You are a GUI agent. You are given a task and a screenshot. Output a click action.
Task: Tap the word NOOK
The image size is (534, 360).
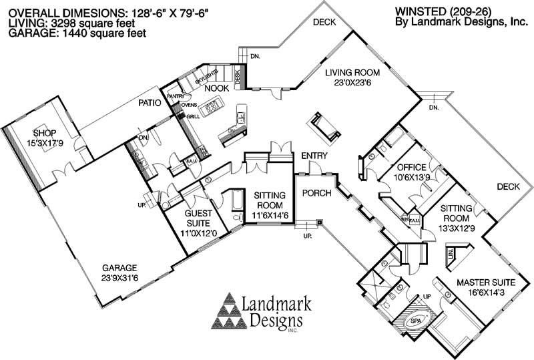click(x=216, y=88)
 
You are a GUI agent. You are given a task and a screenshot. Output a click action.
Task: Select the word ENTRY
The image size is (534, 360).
click(x=314, y=156)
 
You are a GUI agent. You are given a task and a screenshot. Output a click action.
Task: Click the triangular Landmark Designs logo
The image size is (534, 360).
click(x=228, y=313)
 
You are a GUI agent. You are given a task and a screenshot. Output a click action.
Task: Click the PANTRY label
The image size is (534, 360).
click(x=176, y=96)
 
